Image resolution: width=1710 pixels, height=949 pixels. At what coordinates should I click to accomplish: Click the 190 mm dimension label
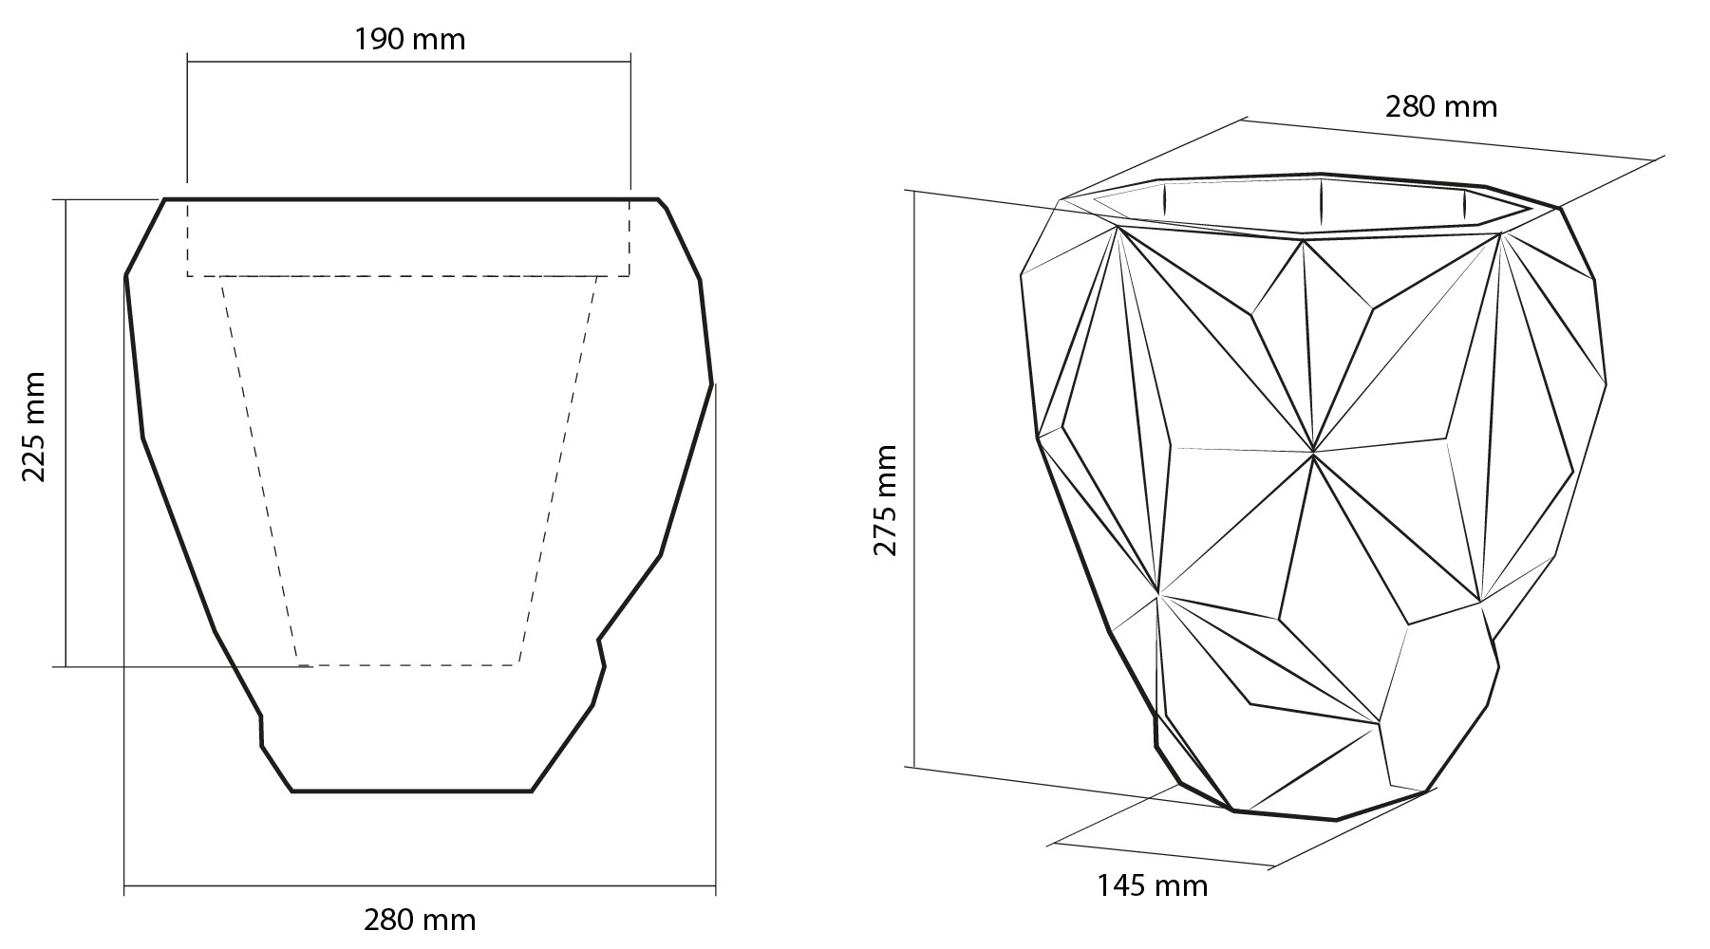pyautogui.click(x=409, y=39)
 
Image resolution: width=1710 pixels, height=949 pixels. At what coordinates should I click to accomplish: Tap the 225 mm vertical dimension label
pyautogui.click(x=34, y=426)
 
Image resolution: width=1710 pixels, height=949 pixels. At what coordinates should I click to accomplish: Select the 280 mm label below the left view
pyautogui.click(x=420, y=920)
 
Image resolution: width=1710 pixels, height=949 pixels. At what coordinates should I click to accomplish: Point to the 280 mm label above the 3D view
pyautogui.click(x=1441, y=106)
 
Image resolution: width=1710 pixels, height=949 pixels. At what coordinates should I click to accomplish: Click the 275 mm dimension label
pyautogui.click(x=885, y=500)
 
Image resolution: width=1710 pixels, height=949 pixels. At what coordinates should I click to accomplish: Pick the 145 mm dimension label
pyautogui.click(x=1153, y=886)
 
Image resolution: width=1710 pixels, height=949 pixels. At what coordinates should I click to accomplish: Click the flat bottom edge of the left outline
pyautogui.click(x=411, y=791)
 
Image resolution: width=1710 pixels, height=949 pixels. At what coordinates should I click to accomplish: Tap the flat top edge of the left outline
pyautogui.click(x=411, y=199)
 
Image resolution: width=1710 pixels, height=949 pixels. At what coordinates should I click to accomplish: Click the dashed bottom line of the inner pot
pyautogui.click(x=408, y=664)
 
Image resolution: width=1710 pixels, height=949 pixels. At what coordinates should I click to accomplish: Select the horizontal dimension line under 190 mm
pyautogui.click(x=409, y=62)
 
